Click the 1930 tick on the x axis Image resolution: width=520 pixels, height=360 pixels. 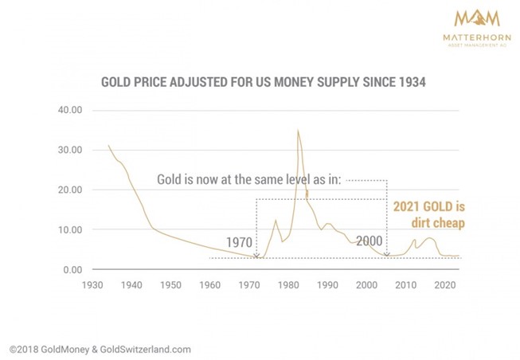pyautogui.click(x=93, y=284)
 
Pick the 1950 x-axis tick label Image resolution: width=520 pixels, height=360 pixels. pyautogui.click(x=171, y=284)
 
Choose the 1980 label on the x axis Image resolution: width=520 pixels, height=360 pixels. pyautogui.click(x=288, y=284)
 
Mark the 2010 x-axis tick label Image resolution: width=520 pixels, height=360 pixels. pyautogui.click(x=405, y=284)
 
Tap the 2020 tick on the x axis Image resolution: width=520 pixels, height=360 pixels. pyautogui.click(x=444, y=284)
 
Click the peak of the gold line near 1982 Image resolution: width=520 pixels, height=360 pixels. pyautogui.click(x=298, y=130)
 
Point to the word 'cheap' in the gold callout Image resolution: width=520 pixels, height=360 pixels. pyautogui.click(x=448, y=223)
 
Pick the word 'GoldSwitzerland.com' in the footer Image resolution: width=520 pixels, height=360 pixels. pyautogui.click(x=144, y=348)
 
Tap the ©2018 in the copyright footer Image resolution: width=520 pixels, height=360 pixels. pyautogui.click(x=25, y=348)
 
